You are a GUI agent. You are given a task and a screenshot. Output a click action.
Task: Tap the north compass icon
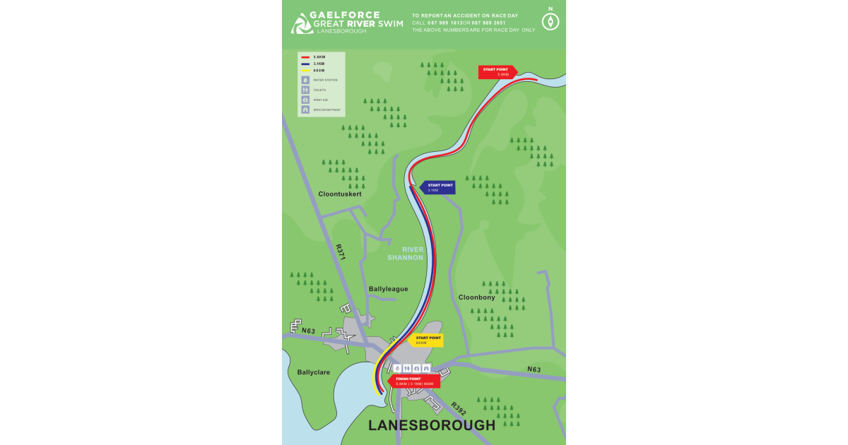coord(550,21)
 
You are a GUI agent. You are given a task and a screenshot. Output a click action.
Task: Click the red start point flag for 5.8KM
coord(497,71)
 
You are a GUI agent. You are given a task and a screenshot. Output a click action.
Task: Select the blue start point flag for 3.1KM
coord(438,187)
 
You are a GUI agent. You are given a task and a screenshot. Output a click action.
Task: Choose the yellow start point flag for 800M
coord(426,340)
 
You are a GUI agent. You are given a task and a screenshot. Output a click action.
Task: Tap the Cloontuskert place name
coord(340,194)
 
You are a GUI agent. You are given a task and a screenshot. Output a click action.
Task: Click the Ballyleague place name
coord(388,289)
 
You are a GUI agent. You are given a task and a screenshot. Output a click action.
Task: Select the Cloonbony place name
coord(476,297)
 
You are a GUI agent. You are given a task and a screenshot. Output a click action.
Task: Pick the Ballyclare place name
coord(314,372)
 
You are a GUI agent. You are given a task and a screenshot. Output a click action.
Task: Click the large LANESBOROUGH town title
coord(432,425)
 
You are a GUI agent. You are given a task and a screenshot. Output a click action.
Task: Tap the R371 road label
coord(341,252)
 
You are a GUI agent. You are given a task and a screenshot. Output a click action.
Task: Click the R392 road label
coord(459,408)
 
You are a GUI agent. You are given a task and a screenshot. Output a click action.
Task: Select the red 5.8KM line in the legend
coord(305,57)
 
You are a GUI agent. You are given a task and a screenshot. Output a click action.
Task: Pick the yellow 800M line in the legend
coord(305,71)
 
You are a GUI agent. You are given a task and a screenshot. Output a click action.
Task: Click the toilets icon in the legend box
coord(305,90)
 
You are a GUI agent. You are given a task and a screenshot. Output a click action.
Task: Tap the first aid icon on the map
coord(417,368)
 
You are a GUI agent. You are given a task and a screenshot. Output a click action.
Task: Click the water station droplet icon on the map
coord(397,368)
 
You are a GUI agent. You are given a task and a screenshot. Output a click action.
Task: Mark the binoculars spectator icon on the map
coord(426,368)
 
